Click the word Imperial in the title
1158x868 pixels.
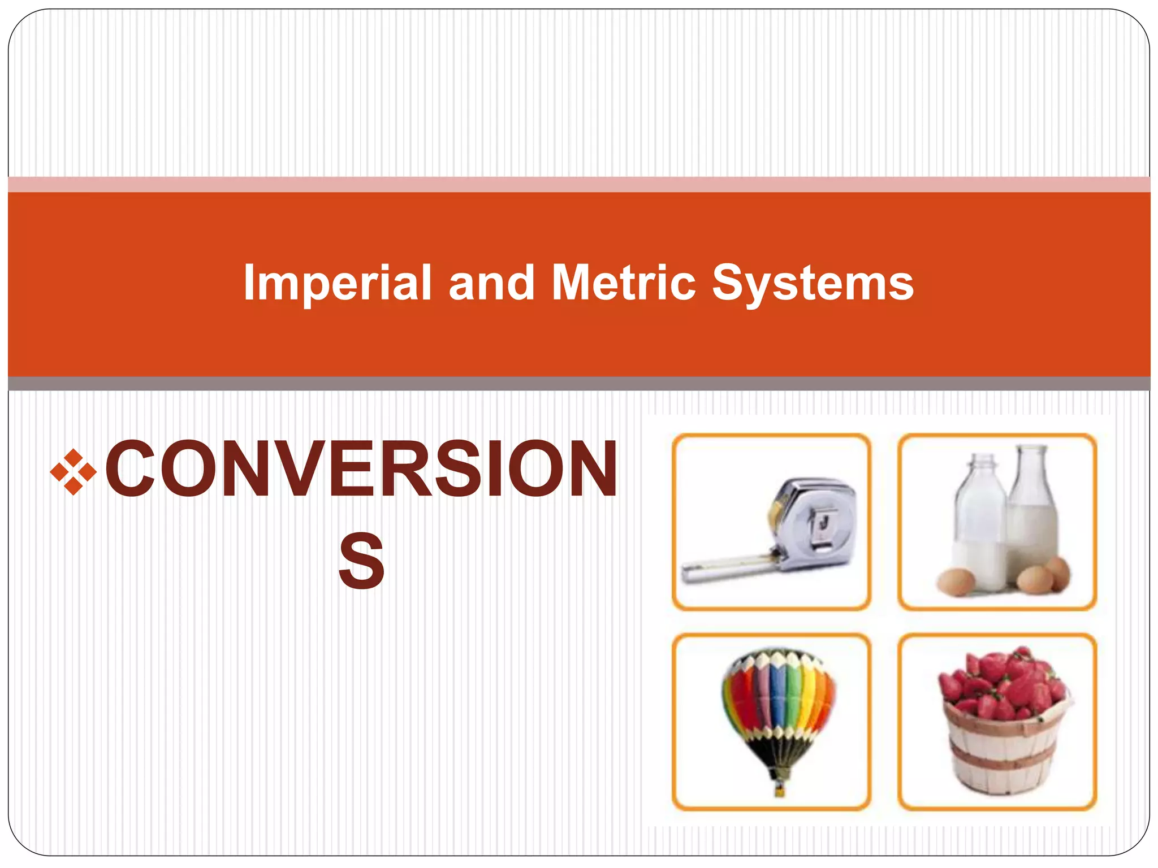click(338, 283)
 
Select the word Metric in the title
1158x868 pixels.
click(623, 283)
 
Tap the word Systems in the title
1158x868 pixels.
click(813, 283)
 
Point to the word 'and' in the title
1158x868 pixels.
click(491, 283)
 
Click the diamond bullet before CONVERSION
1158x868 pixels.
click(74, 471)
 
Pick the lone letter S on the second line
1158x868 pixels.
click(362, 561)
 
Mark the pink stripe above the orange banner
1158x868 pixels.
click(579, 185)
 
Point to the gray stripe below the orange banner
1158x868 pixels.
click(579, 384)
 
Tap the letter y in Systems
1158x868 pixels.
click(755, 288)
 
